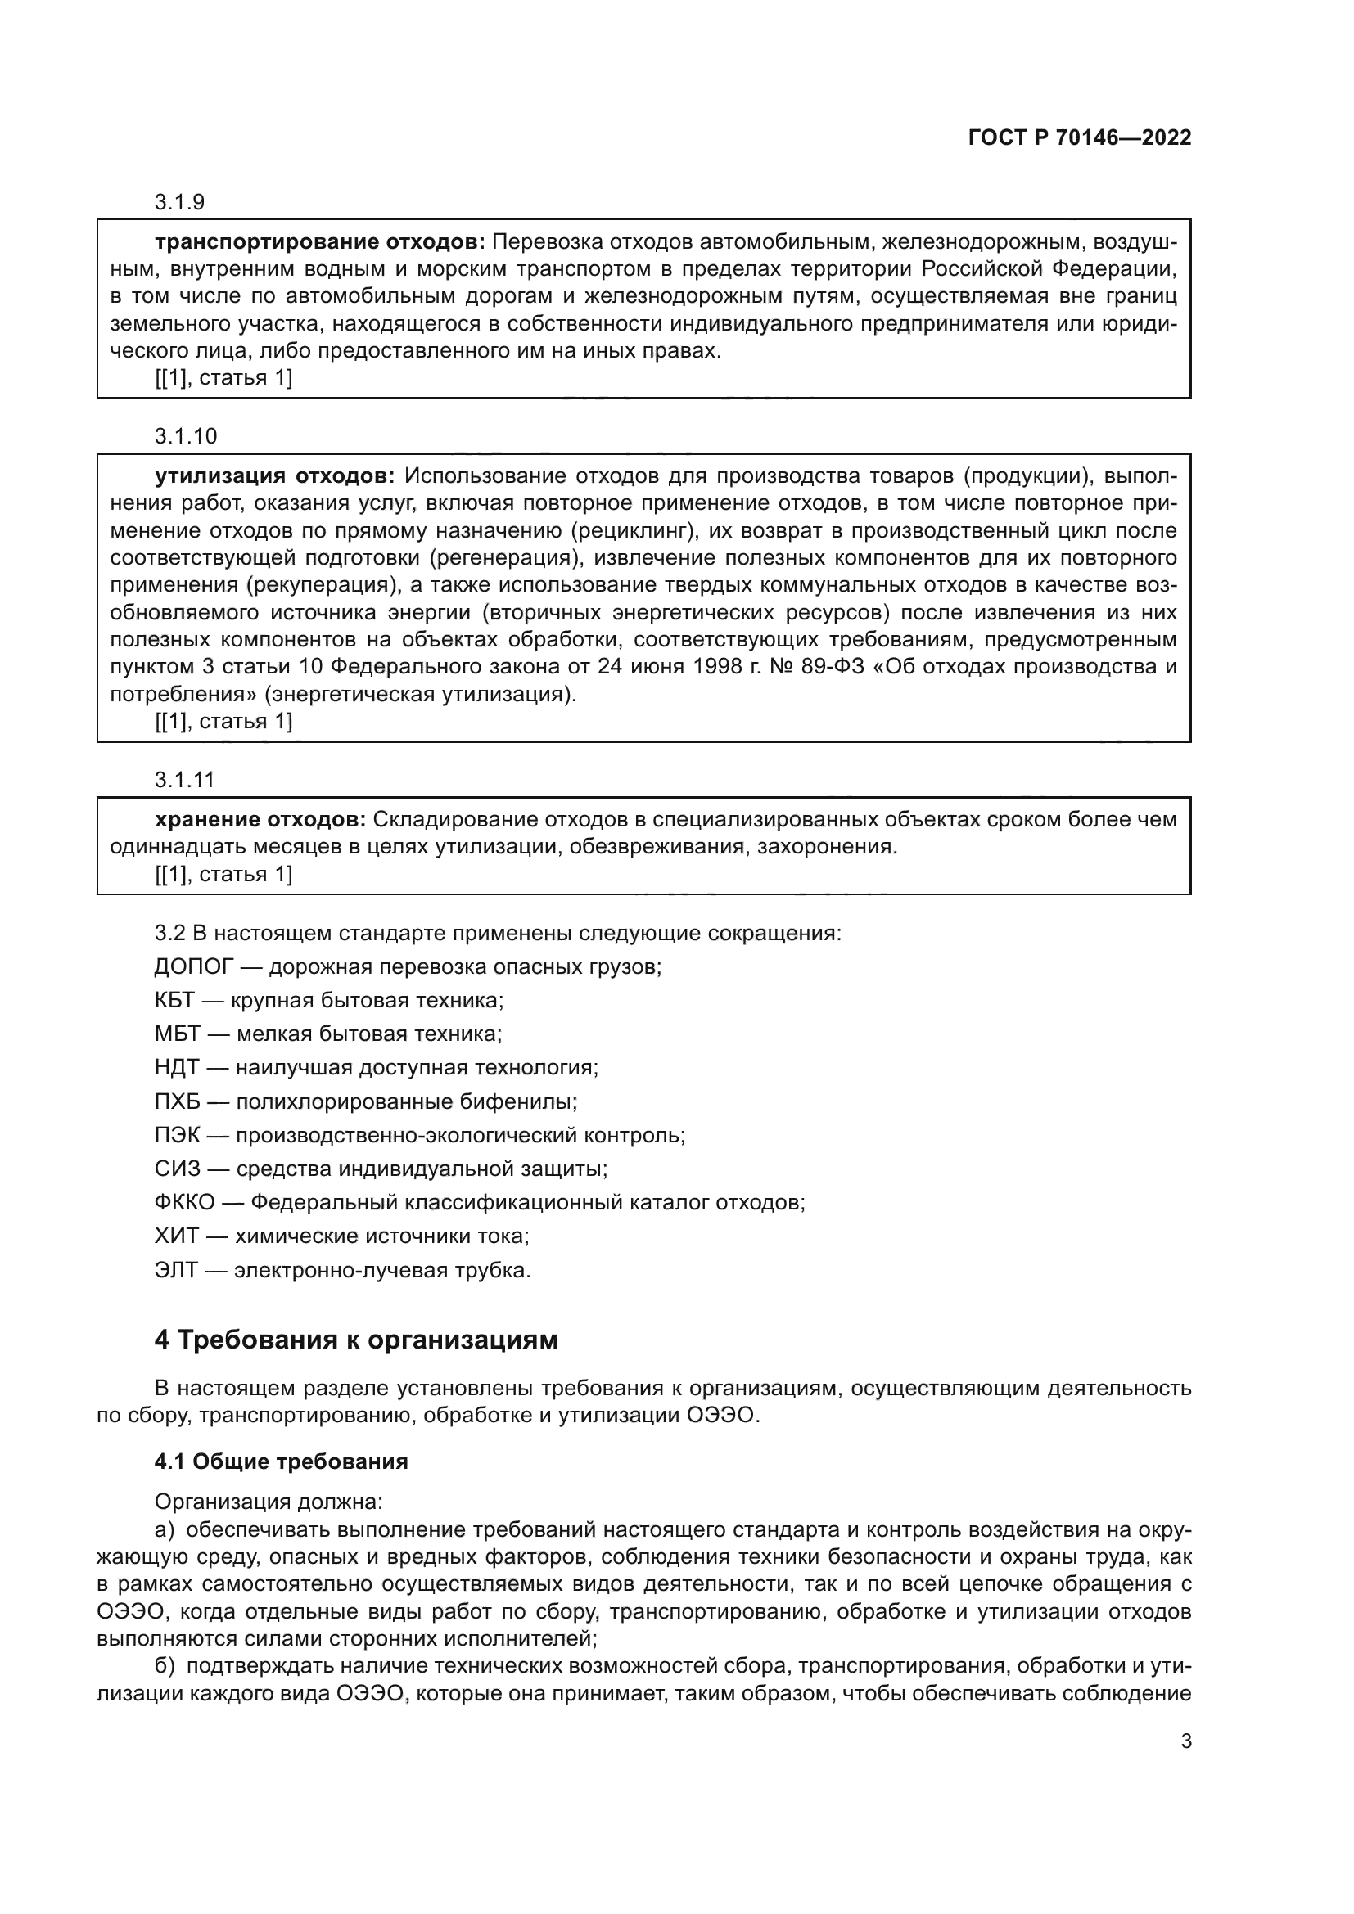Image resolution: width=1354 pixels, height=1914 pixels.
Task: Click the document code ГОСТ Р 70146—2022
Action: pos(1080,137)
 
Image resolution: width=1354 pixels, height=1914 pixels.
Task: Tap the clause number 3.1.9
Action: pos(179,202)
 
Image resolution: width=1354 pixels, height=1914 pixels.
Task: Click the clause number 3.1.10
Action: pos(185,435)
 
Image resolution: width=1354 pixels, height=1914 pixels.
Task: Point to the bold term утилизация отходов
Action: pos(274,476)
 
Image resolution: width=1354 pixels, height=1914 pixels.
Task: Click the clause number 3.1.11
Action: pos(184,780)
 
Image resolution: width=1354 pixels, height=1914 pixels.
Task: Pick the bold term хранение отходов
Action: pos(260,819)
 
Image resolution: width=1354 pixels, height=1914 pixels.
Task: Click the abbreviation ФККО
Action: pos(184,1203)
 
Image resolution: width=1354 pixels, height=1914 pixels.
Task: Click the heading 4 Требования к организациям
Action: pos(356,1340)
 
